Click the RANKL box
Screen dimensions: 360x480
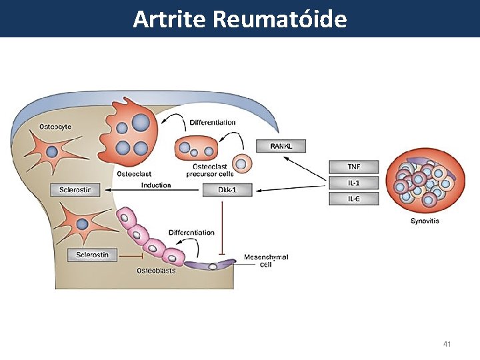(x=281, y=145)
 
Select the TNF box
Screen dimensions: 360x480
(x=353, y=167)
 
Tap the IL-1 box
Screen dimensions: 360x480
(x=353, y=183)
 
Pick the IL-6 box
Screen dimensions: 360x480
(x=353, y=199)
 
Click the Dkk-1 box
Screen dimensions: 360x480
(x=227, y=190)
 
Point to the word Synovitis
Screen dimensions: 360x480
(x=424, y=221)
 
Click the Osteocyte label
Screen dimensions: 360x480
(x=55, y=126)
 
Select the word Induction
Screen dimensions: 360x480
(x=156, y=185)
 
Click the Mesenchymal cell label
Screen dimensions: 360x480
(x=266, y=261)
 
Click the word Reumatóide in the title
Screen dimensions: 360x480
(x=280, y=19)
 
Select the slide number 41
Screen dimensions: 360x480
(x=447, y=344)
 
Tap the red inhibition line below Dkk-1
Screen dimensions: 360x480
(x=221, y=227)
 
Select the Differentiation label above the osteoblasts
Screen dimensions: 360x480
(x=192, y=233)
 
